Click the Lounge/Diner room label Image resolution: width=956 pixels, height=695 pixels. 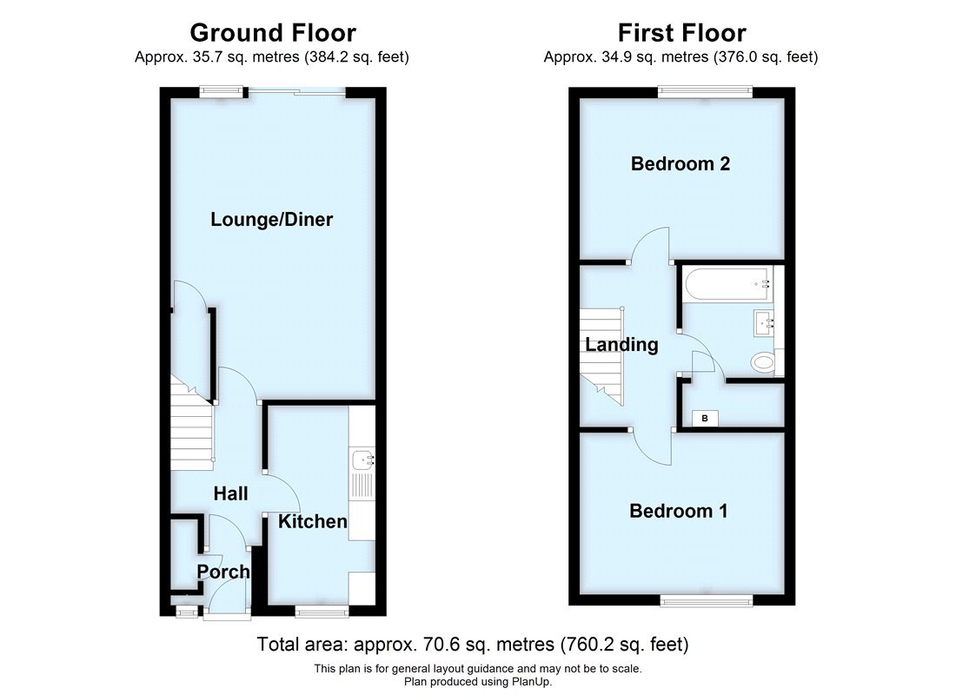click(271, 220)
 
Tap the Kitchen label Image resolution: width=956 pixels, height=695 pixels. click(313, 522)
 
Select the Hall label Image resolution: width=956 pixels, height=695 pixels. click(231, 494)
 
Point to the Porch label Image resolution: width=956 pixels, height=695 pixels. click(223, 573)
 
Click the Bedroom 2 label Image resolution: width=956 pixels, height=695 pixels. click(680, 164)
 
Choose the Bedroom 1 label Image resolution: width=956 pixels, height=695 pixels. click(679, 512)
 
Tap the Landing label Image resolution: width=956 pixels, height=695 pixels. click(621, 345)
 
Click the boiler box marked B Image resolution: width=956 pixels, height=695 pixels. click(705, 419)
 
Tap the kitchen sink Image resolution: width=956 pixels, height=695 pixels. click(362, 461)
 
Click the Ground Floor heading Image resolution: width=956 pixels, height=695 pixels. click(272, 33)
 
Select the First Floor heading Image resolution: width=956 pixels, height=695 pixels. click(681, 33)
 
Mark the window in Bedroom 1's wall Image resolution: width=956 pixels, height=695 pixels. click(706, 601)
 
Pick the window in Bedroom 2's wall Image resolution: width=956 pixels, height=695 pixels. click(705, 89)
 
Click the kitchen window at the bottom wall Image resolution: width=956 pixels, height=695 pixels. click(322, 612)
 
